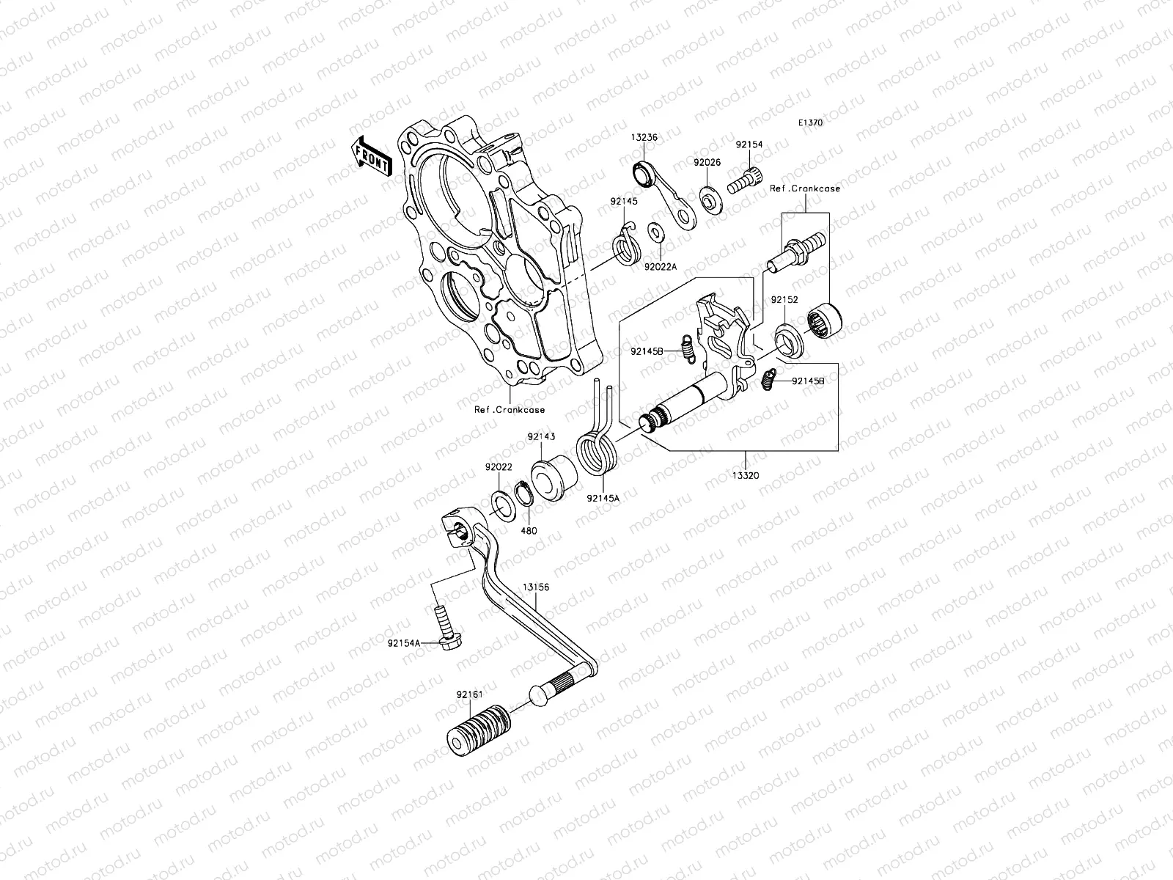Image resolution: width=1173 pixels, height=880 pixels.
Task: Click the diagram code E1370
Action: pos(810,123)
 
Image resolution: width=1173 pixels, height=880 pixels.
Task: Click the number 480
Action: pos(529,530)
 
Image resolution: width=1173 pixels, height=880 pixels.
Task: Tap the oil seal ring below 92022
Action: pos(502,505)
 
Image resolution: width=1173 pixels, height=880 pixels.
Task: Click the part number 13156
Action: pos(536,587)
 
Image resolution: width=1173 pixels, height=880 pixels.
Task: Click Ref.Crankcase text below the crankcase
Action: pos(509,410)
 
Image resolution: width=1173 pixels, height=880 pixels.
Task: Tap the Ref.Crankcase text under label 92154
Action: pos(804,188)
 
